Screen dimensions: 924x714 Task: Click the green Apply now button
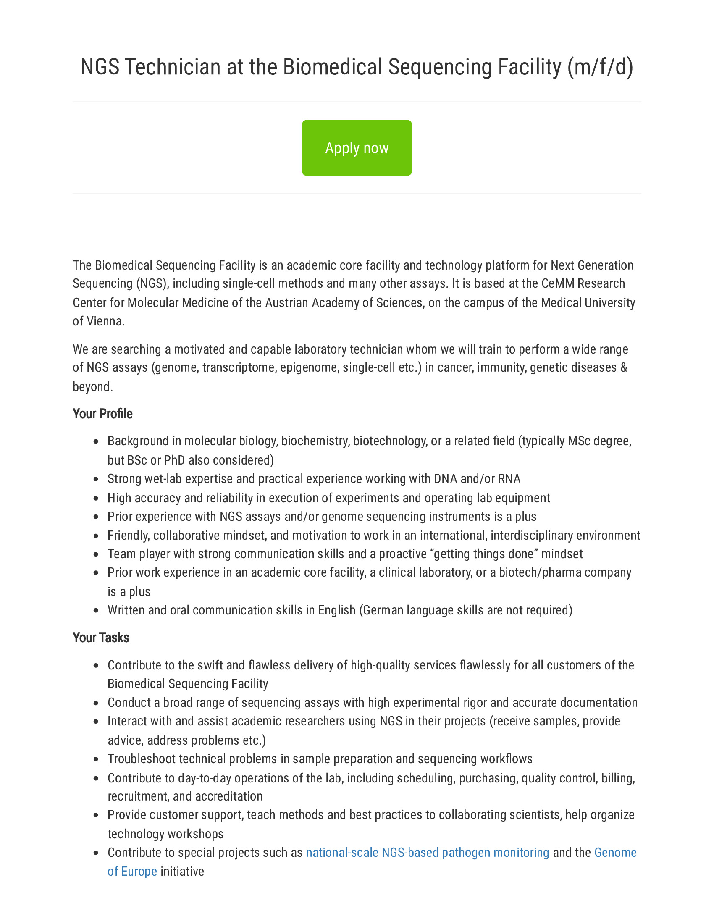tap(357, 148)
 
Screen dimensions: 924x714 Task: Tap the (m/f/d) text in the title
tap(600, 67)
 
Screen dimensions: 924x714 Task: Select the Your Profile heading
tap(102, 413)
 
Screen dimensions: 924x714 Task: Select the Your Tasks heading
tap(101, 637)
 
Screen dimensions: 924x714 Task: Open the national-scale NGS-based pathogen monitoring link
tap(427, 852)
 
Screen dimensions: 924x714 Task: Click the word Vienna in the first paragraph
tap(105, 321)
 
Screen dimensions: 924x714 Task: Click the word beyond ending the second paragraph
tap(92, 386)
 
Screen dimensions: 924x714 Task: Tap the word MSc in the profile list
tap(579, 441)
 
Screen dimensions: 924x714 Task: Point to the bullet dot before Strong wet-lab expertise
tap(96, 479)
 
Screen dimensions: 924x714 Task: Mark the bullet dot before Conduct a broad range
tap(96, 703)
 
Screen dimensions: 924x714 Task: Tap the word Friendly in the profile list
tap(128, 535)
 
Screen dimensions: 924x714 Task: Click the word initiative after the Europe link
tap(182, 871)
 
